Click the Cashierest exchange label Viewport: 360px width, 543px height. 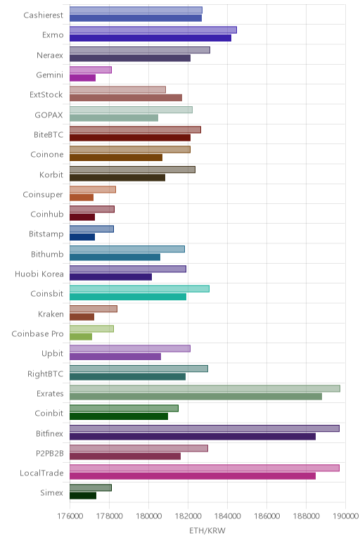click(x=44, y=15)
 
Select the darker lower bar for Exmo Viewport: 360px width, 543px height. click(x=150, y=38)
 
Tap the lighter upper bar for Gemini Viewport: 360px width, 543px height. click(x=90, y=70)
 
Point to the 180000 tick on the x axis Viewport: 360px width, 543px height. click(x=148, y=516)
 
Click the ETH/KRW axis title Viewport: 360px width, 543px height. click(x=207, y=530)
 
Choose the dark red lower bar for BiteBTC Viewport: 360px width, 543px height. click(x=130, y=137)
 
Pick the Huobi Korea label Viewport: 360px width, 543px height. click(x=39, y=274)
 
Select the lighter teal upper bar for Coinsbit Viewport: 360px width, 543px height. click(x=139, y=288)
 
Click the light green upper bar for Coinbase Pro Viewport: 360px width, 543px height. click(x=91, y=328)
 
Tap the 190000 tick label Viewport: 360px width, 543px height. click(x=345, y=516)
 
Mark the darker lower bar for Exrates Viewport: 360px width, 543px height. click(x=195, y=397)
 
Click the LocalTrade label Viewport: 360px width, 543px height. click(x=41, y=473)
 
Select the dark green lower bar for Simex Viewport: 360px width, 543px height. click(x=83, y=496)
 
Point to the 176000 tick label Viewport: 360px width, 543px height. click(x=70, y=516)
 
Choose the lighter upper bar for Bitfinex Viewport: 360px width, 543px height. click(x=204, y=428)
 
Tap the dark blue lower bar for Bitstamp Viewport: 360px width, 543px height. click(x=82, y=237)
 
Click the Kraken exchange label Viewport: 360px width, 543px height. click(x=51, y=314)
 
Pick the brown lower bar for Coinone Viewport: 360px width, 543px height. click(x=116, y=158)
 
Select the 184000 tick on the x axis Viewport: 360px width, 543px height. click(x=227, y=516)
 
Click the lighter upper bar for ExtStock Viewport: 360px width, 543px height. click(x=117, y=90)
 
